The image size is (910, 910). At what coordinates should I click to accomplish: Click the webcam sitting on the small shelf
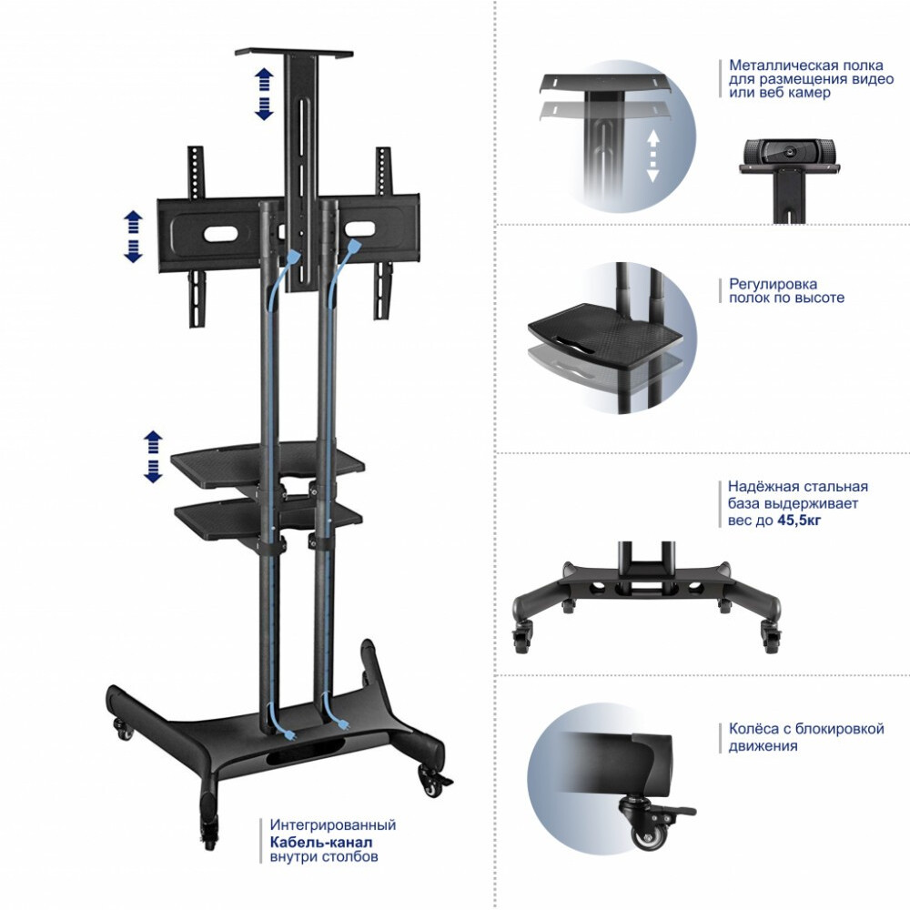point(789,151)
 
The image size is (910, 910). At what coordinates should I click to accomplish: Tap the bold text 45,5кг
point(799,520)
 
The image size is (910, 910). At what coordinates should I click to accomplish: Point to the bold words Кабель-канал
point(321,842)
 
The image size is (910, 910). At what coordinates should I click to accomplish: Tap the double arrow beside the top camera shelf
point(264,94)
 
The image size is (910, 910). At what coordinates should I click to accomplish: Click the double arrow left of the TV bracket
point(134,237)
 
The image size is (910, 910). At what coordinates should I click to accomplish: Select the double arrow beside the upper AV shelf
point(153,457)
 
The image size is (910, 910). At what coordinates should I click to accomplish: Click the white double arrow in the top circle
point(652,156)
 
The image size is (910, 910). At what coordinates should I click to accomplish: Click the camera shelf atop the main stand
point(294,54)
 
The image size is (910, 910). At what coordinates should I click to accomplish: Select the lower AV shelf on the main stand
point(268,520)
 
